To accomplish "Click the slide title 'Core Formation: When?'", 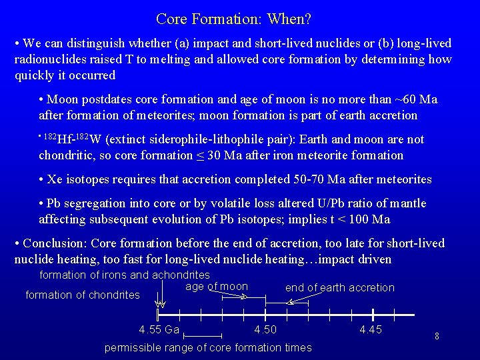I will click(233, 19).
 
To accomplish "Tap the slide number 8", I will click(436, 336).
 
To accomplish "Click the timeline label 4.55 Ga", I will click(159, 330).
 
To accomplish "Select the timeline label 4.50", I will click(265, 330).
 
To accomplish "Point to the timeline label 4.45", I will click(371, 330).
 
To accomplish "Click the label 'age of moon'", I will click(216, 287).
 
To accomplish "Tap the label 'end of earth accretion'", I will click(339, 287).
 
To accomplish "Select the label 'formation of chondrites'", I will click(82, 295).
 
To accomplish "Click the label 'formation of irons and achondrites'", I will click(125, 275).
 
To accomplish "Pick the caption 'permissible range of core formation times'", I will click(208, 347).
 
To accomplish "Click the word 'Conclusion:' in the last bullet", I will click(55, 243).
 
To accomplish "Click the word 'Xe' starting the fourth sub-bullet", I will click(54, 180).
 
